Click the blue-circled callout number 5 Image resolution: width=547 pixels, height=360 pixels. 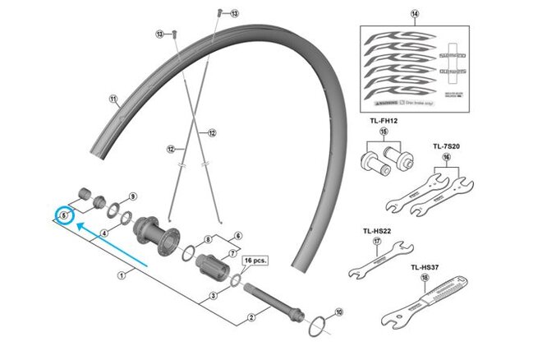[63, 215]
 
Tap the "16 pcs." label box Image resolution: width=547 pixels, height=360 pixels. [255, 259]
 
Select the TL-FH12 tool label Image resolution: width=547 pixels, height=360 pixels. [383, 121]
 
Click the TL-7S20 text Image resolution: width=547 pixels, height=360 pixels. [446, 146]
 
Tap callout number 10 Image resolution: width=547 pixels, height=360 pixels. [339, 313]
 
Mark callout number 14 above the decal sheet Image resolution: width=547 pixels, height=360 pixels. [414, 13]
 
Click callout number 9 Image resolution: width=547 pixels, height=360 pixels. [133, 197]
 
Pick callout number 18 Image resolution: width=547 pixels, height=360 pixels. [425, 278]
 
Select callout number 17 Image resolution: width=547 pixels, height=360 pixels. [377, 242]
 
